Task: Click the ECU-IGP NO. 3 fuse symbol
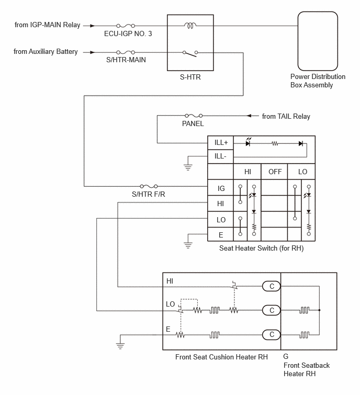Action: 126,26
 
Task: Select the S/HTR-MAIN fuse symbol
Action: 126,52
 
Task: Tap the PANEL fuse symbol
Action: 194,116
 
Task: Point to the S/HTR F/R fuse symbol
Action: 149,186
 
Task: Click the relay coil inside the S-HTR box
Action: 190,26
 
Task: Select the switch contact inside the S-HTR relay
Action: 190,53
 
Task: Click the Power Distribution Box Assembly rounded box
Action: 318,41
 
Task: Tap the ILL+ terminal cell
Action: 221,143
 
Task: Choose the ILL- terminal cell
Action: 221,156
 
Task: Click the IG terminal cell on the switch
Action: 221,188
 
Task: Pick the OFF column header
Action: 274,172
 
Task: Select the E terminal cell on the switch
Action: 221,235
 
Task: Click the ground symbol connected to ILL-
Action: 188,167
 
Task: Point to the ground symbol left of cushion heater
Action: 120,346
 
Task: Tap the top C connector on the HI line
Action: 272,286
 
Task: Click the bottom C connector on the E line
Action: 272,334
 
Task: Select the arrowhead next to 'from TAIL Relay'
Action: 249,116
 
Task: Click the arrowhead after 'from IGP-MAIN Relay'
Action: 93,26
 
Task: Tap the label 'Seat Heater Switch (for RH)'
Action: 261,248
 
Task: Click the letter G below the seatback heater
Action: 286,356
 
